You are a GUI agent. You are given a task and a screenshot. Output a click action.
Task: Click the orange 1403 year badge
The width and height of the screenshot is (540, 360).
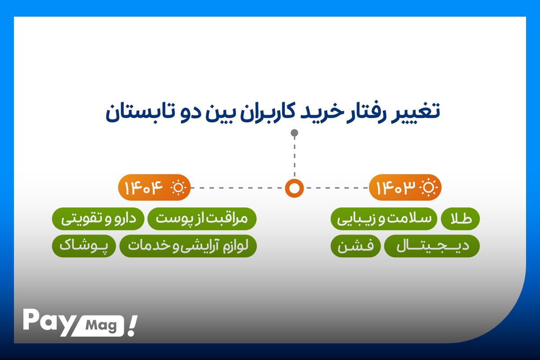tap(405, 187)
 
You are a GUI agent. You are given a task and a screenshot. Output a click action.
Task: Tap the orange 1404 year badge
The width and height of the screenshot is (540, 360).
tap(154, 187)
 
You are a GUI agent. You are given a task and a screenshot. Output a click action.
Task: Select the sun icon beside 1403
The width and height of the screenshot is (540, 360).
tap(428, 187)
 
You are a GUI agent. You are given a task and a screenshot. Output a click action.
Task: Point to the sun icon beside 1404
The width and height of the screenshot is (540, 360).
tap(178, 187)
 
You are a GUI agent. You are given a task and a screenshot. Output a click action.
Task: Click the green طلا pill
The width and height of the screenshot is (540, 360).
tap(460, 219)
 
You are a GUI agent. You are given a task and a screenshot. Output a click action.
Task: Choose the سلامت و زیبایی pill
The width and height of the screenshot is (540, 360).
tap(384, 219)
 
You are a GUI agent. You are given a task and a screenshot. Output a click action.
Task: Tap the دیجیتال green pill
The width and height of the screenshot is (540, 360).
tap(432, 246)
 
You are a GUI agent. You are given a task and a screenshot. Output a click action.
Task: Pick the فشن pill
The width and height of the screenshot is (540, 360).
tap(355, 246)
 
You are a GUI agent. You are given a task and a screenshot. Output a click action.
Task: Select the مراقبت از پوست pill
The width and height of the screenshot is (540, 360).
tap(202, 219)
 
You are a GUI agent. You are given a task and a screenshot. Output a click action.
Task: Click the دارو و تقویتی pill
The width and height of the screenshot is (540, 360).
tap(98, 219)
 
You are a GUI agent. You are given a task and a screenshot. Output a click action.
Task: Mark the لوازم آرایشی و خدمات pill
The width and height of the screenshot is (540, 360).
tap(188, 246)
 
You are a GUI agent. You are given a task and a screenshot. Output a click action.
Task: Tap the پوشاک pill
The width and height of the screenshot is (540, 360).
tap(84, 246)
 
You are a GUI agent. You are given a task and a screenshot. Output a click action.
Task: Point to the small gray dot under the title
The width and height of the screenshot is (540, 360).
tap(294, 133)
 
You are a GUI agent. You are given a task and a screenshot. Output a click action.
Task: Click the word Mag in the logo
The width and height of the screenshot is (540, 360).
tap(101, 326)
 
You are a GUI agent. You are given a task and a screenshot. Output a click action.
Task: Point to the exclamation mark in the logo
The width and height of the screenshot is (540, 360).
tap(132, 325)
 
